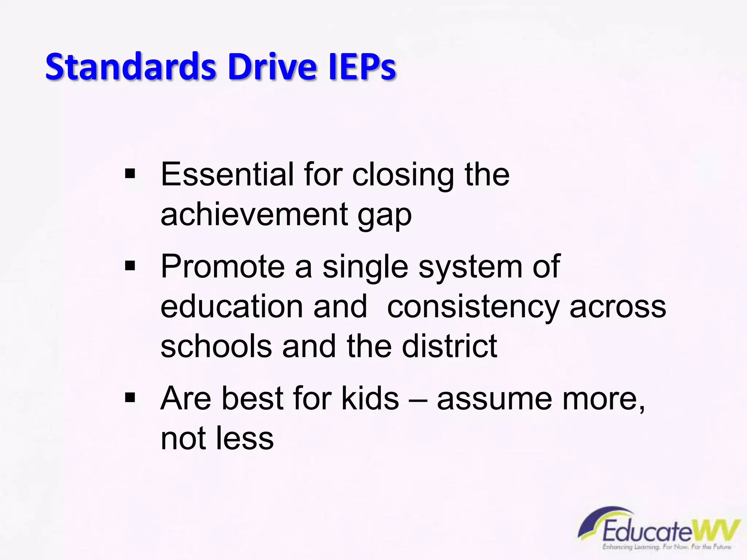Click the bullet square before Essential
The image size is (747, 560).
click(130, 174)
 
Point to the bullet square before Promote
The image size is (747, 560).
click(130, 266)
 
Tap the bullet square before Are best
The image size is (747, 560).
click(130, 398)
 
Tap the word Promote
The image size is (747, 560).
click(222, 267)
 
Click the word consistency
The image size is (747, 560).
click(473, 307)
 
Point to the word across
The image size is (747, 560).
click(618, 307)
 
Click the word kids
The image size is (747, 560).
click(370, 398)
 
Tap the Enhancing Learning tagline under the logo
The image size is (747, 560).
click(667, 547)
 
